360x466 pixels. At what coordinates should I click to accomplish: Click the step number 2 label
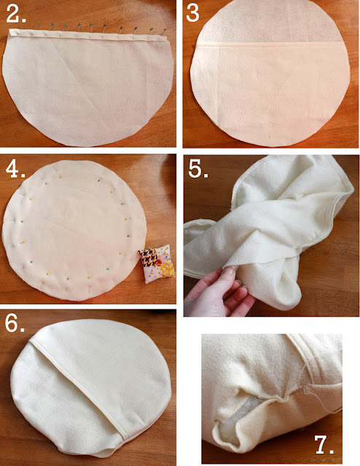pyautogui.click(x=15, y=14)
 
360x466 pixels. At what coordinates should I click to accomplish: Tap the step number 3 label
pyautogui.click(x=192, y=13)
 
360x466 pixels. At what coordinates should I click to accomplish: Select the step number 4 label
pyautogui.click(x=15, y=170)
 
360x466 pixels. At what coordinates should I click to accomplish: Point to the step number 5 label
pyautogui.click(x=197, y=170)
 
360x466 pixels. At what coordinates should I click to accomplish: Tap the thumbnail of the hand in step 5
pyautogui.click(x=229, y=271)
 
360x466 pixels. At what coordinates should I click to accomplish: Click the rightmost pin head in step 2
pyautogui.click(x=165, y=29)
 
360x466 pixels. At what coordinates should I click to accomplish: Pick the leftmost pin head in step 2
pyautogui.click(x=38, y=23)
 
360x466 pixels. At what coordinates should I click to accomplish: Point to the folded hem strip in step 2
pyautogui.click(x=87, y=35)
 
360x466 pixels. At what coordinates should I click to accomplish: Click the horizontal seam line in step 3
pyautogui.click(x=269, y=44)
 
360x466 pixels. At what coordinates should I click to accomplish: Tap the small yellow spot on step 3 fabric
pyautogui.click(x=270, y=136)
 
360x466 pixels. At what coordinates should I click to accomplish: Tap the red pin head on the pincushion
pyautogui.click(x=159, y=262)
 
